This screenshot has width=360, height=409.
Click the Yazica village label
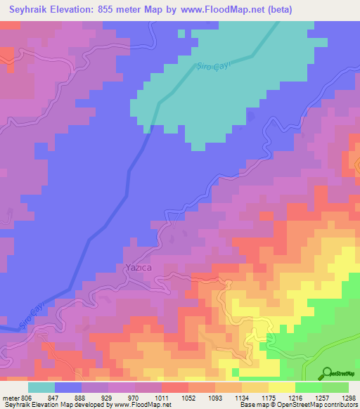[137, 268]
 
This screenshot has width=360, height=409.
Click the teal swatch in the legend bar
[41, 387]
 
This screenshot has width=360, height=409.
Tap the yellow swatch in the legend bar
[281, 387]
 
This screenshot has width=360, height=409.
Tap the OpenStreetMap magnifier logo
[326, 373]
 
